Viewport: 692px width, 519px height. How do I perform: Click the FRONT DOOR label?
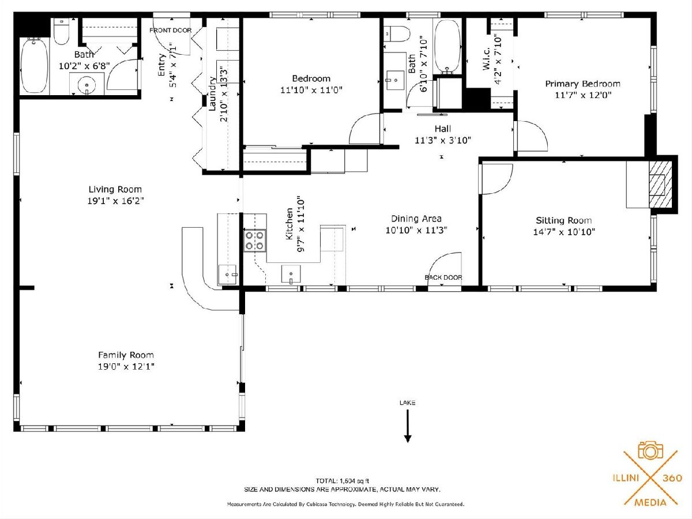tap(170, 30)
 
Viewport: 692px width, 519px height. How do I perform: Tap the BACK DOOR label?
tap(443, 277)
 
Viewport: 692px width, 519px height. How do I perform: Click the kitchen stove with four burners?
tap(255, 240)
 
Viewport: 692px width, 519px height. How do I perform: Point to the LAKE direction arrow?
tap(408, 426)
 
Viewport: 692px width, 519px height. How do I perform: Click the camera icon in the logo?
tap(650, 450)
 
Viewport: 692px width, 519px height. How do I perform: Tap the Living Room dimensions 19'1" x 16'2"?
tap(115, 201)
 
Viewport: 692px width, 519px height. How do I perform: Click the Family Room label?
tap(126, 355)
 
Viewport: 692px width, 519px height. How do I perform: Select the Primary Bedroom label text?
tap(582, 84)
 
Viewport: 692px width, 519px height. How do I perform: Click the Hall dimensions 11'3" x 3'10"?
tap(443, 140)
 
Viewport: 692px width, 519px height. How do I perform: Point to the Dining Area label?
tap(416, 219)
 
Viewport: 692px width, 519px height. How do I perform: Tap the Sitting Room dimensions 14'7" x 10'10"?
tap(564, 232)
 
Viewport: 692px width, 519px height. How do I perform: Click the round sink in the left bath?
tap(86, 84)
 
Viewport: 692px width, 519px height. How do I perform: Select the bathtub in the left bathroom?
tap(35, 65)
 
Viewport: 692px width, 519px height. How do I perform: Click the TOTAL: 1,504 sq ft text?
tap(342, 481)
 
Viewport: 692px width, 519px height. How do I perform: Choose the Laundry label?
tap(212, 93)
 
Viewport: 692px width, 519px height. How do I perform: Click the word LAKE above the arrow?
tap(407, 403)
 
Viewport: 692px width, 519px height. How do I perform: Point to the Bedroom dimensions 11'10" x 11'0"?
tap(311, 90)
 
